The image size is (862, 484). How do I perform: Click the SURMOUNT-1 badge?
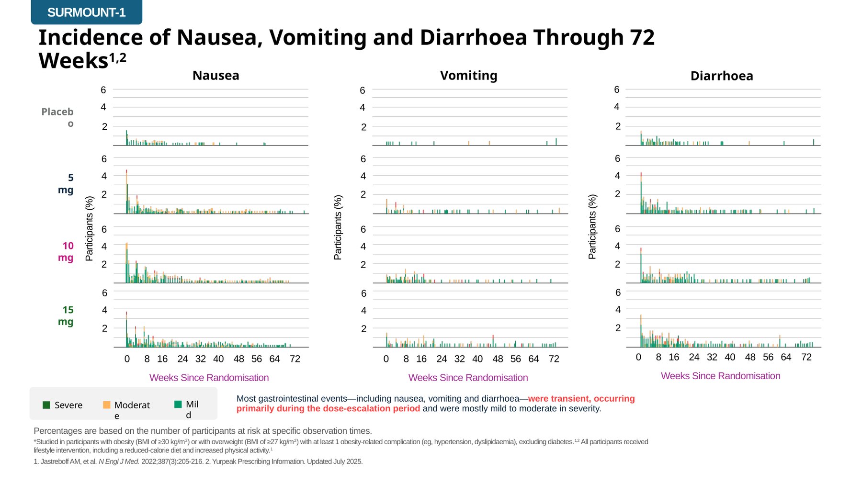86,12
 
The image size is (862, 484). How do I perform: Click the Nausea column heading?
215,76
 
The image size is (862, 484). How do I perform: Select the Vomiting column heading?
468,76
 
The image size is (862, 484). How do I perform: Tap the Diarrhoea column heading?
722,76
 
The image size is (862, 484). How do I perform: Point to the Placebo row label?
57,117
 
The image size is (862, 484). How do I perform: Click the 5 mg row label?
66,183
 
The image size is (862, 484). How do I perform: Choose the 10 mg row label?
66,251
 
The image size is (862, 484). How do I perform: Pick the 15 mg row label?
66,315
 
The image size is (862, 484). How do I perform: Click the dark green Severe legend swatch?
46,405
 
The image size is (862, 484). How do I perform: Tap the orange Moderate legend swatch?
106,405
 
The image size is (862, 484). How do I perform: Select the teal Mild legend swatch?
178,404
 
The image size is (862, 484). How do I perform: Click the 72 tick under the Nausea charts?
295,359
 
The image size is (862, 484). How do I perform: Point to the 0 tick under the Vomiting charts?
386,359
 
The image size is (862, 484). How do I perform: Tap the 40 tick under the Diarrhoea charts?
730,357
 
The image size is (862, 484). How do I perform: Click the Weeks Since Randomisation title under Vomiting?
468,378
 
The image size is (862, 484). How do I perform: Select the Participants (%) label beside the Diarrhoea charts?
592,227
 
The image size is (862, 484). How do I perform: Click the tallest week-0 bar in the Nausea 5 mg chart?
126,191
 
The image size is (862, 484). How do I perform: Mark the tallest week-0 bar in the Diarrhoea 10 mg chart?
641,265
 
